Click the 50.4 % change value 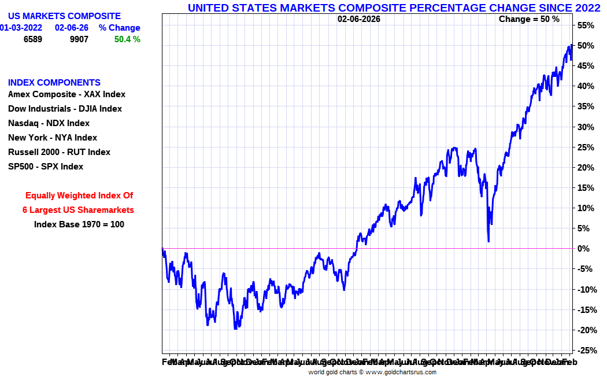click(x=127, y=39)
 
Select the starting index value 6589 click(x=32, y=39)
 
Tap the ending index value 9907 click(x=79, y=39)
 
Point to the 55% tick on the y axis click(x=586, y=25)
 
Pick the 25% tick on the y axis click(x=586, y=148)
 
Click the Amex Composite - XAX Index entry click(x=66, y=94)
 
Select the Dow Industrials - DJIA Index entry click(x=65, y=109)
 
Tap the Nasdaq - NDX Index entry click(x=49, y=123)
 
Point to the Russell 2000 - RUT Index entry click(x=59, y=152)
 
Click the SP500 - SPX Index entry click(x=46, y=167)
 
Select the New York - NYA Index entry click(x=53, y=138)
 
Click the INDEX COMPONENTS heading click(x=54, y=83)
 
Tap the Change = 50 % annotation click(x=529, y=19)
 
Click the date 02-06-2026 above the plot click(x=359, y=19)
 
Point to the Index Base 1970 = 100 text click(x=79, y=224)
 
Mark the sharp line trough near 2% click(x=488, y=241)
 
